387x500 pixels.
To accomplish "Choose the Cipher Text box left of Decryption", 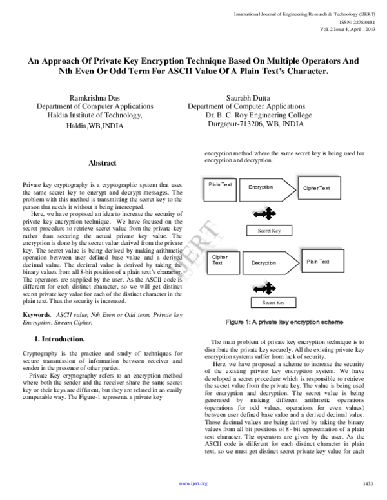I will pos(222,260).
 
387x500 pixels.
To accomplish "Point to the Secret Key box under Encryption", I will pos(269,230).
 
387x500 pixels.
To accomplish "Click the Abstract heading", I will pos(102,164).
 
